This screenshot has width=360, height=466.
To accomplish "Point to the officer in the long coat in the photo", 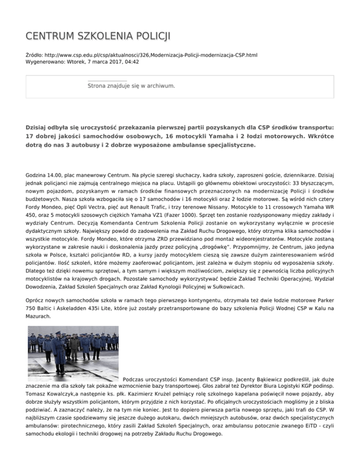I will click(59, 359).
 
